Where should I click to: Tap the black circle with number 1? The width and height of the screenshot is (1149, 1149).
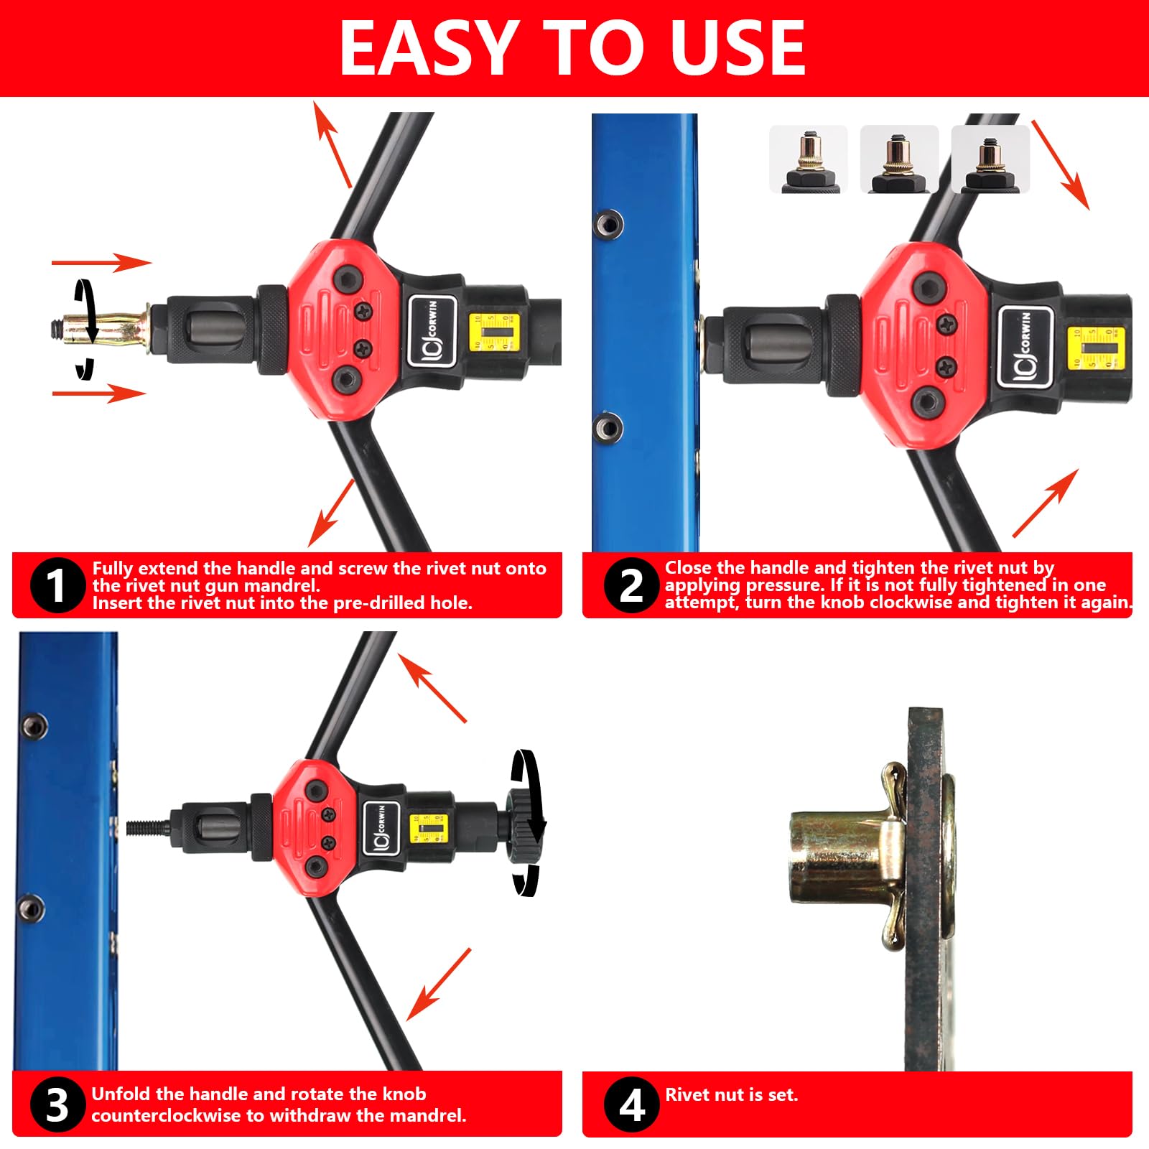coord(57,585)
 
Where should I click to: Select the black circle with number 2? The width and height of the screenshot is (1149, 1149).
coord(631,585)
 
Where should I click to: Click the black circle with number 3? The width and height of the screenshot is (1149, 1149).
coord(57,1104)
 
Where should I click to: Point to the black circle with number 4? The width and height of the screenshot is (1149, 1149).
coord(631,1104)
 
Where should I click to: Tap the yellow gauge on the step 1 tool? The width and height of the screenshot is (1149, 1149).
coord(493,332)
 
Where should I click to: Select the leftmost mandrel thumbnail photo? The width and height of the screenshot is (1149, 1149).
coord(808,159)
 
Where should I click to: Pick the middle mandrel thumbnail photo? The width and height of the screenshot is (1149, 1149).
coord(898,159)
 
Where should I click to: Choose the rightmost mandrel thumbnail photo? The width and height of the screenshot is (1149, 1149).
coord(990,159)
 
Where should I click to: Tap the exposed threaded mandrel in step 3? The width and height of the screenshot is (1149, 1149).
coord(148,827)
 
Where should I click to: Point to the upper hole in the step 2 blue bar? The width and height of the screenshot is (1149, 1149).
coord(609,223)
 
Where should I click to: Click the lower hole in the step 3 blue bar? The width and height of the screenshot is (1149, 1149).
coord(32,908)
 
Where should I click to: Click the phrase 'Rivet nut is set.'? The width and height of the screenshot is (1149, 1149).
coord(731,1095)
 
